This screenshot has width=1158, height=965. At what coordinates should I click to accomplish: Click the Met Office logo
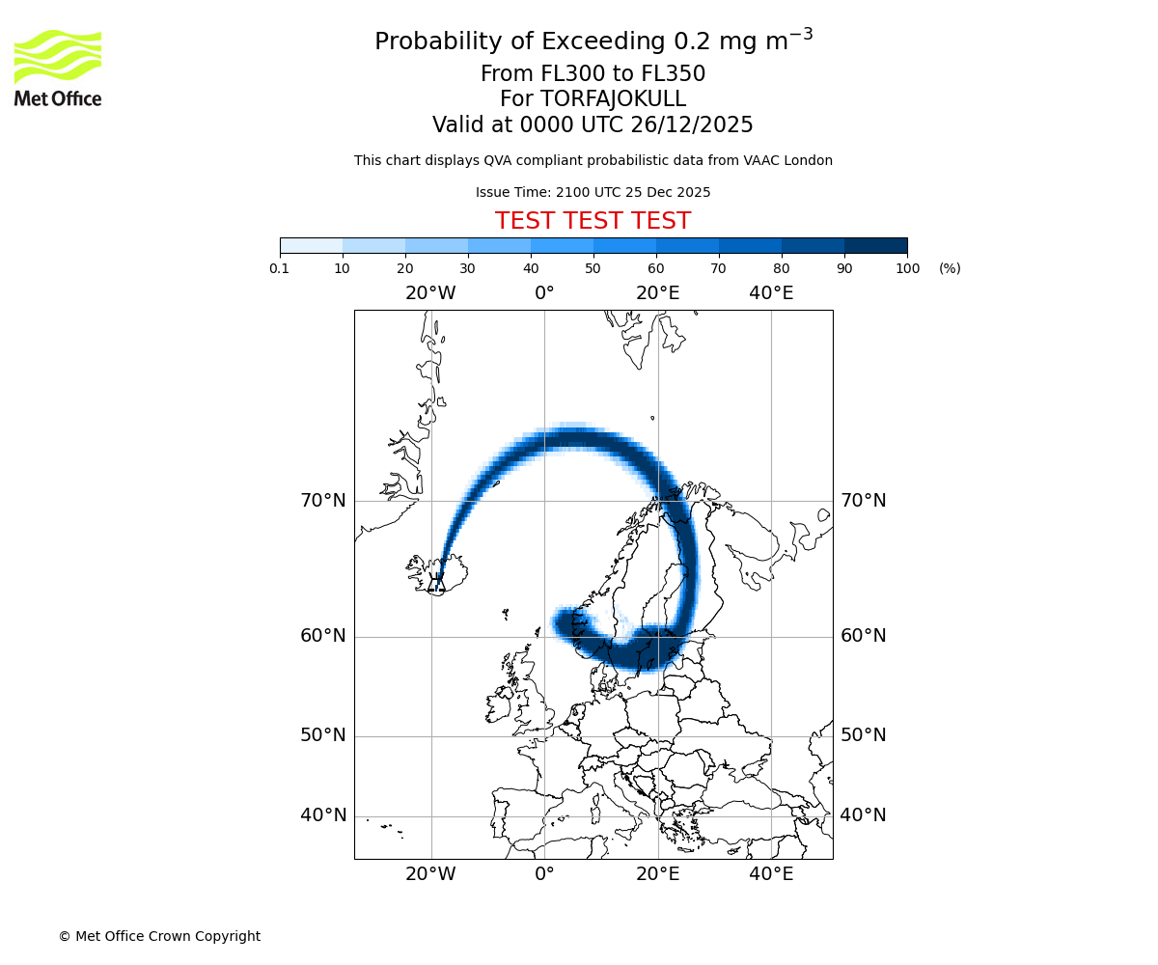coord(58,68)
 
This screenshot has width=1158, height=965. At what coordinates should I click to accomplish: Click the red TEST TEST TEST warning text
coord(593,222)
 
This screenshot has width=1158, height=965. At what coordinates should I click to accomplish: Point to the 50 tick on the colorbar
coord(593,268)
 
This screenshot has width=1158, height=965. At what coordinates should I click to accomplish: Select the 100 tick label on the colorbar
coord(907,268)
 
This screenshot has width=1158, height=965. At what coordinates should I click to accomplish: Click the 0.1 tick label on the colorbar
coord(280,268)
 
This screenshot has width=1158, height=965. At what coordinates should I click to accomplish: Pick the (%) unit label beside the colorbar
coord(950,268)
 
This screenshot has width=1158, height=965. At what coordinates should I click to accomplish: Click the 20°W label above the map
coord(430,293)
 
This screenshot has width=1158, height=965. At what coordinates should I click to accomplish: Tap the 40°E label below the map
coord(771,874)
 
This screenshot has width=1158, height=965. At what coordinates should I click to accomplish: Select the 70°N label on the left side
coord(322,501)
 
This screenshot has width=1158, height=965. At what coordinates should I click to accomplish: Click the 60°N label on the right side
coord(863,636)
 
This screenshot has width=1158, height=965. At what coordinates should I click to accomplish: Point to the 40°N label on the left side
coord(322,815)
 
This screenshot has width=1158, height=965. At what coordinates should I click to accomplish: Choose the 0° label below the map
coord(544,874)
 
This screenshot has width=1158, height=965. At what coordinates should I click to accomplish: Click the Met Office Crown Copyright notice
coord(159,936)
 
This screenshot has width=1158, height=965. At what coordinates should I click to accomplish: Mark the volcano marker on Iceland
coord(437,580)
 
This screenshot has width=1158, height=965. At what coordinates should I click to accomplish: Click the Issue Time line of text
coord(593,192)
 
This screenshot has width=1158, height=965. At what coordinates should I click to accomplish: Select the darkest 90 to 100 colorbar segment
coord(875,245)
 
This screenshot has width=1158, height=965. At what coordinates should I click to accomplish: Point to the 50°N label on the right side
coord(863,735)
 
